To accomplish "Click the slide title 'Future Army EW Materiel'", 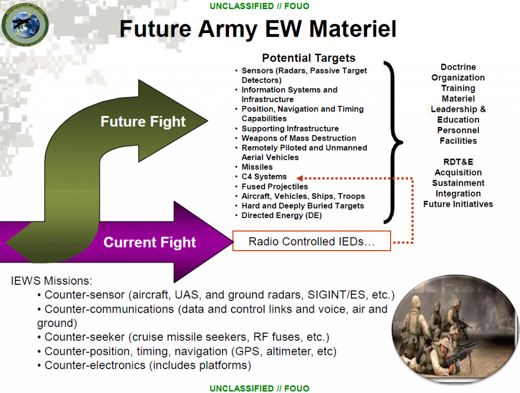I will (x=257, y=29).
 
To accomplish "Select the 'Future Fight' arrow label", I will (x=143, y=122).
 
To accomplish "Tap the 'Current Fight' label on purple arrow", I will (x=150, y=242).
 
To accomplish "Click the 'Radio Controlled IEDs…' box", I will (x=311, y=241).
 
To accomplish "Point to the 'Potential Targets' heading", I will (x=308, y=58).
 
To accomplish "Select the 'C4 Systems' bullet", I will (x=264, y=176).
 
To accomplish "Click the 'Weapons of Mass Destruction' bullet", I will (x=299, y=138).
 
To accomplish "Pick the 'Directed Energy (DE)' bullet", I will (x=281, y=215).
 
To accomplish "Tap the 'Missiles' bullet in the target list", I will (x=257, y=167).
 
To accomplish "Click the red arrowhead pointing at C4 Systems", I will (x=300, y=177).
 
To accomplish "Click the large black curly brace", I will (x=394, y=142).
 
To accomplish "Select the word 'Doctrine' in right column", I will (x=458, y=67).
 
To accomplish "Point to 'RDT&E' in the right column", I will (x=458, y=162).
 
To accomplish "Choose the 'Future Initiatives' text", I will (x=458, y=204).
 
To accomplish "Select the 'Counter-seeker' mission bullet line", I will (x=187, y=337).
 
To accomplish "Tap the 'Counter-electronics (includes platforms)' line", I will (x=148, y=365).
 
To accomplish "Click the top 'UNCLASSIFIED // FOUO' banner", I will (x=259, y=6).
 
